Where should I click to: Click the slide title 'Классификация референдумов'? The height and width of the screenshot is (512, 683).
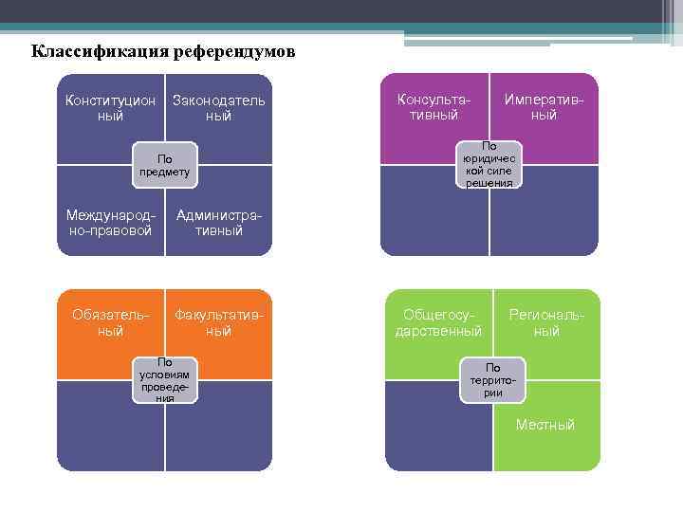click(x=163, y=50)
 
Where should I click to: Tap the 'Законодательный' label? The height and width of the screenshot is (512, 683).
click(x=218, y=108)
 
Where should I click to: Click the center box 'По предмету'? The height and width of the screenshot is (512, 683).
click(x=164, y=165)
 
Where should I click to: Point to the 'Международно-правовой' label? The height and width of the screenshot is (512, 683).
click(x=110, y=223)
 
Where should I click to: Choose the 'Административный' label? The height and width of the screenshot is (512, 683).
click(x=219, y=223)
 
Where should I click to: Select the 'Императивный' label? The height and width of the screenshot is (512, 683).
click(x=544, y=107)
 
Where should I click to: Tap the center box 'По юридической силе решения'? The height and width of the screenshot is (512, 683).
click(x=489, y=165)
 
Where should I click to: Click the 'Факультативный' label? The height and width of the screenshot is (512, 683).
click(x=218, y=322)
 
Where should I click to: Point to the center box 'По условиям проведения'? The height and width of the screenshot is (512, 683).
click(x=165, y=379)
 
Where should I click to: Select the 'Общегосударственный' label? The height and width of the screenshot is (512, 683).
click(x=438, y=322)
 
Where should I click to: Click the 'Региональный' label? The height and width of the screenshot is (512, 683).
click(x=546, y=322)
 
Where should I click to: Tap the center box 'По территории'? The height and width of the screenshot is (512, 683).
click(x=493, y=379)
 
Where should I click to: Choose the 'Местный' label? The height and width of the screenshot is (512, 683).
click(x=545, y=425)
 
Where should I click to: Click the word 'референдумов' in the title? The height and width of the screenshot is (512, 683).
click(x=233, y=50)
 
